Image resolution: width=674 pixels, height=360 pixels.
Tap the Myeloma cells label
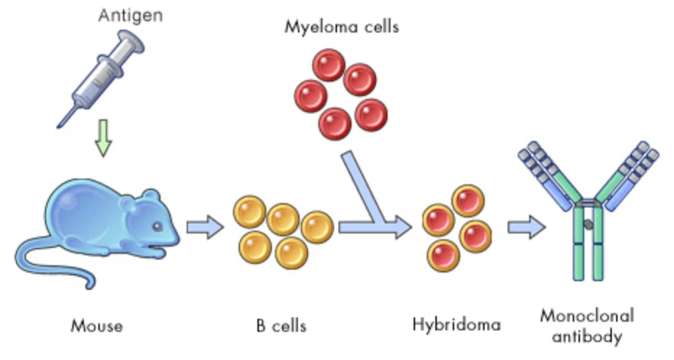(x=342, y=27)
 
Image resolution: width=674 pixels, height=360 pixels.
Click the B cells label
(x=281, y=325)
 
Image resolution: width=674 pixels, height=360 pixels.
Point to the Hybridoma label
(x=456, y=324)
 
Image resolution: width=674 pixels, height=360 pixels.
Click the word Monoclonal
(x=586, y=316)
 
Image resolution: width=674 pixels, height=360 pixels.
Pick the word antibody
(x=586, y=336)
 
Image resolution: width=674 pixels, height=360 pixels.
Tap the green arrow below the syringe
(x=105, y=142)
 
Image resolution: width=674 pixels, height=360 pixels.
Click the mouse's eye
(x=157, y=227)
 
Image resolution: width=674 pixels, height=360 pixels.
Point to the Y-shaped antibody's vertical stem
(x=587, y=242)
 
